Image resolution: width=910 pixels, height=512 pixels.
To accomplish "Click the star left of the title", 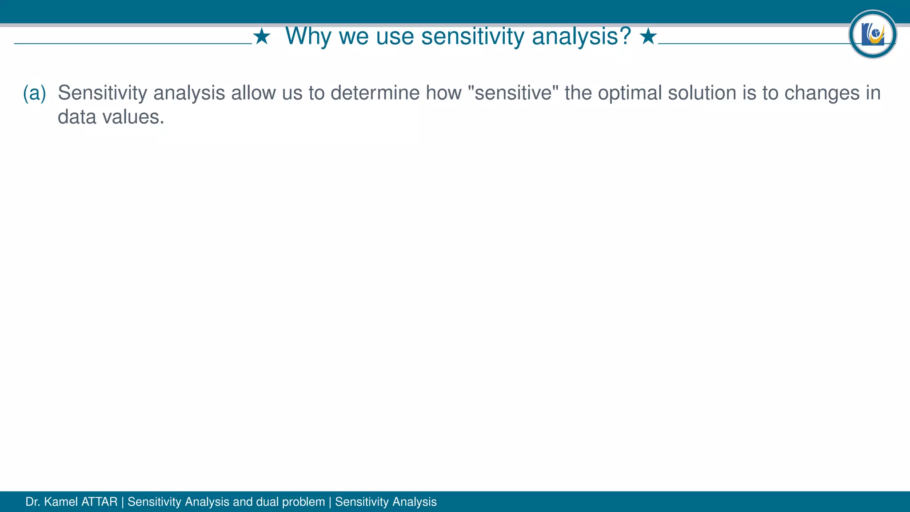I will (262, 37).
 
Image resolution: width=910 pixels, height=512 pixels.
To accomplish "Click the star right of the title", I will (648, 37).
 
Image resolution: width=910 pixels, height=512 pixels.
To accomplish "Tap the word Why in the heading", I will (308, 36).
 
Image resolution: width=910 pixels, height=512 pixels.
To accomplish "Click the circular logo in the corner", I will (873, 34).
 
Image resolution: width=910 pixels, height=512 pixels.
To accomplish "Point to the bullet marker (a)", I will (34, 93).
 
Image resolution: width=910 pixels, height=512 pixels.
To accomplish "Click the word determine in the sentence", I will (375, 93).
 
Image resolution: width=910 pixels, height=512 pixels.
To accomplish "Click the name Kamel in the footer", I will (61, 502).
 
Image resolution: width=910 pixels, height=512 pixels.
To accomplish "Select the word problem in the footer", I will (303, 502).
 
